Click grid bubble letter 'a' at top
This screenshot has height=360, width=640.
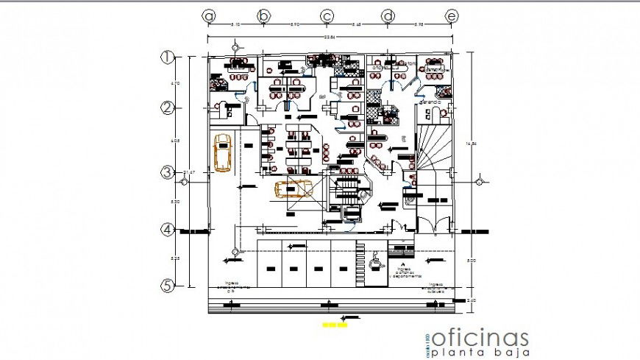point(210,15)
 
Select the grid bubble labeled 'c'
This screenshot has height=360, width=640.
point(327,15)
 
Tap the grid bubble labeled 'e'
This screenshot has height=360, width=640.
point(452,15)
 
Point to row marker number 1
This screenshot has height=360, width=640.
point(168,56)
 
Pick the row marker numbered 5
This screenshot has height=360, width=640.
point(168,285)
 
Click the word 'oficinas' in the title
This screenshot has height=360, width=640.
point(480,337)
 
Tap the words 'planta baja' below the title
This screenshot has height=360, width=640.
point(480,353)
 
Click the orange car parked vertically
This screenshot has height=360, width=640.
point(221,152)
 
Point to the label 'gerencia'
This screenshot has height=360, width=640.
point(430,103)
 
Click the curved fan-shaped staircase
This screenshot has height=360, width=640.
point(435,147)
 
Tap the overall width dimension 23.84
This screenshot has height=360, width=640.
point(331,37)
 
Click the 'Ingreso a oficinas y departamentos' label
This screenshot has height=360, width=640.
point(404,272)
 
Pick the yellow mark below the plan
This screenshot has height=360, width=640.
point(334,324)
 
